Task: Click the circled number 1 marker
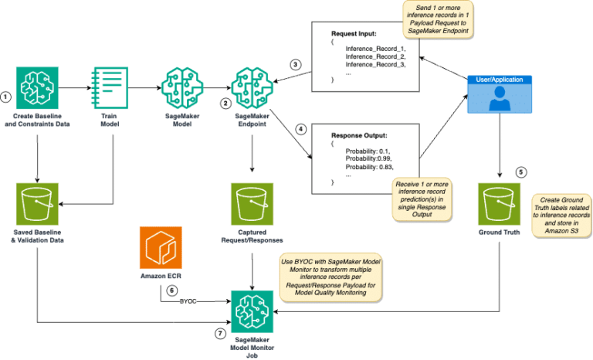pyautogui.click(x=7, y=97)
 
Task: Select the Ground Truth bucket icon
pyautogui.click(x=498, y=203)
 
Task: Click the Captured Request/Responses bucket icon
pyautogui.click(x=253, y=203)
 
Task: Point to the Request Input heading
pyautogui.click(x=355, y=35)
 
